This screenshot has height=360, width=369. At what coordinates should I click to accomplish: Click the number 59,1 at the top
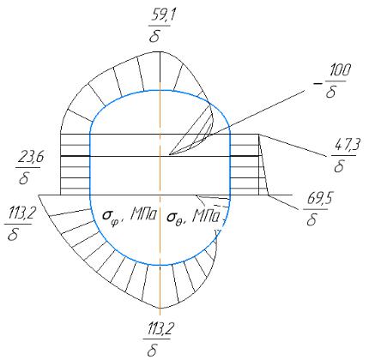click(164, 15)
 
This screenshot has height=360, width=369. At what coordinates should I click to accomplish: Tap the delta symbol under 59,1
click(154, 36)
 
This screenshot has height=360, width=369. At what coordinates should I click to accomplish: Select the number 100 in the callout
click(340, 70)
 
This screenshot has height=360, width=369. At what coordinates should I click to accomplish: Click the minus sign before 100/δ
click(317, 84)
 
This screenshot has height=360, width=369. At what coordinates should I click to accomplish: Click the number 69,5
click(320, 200)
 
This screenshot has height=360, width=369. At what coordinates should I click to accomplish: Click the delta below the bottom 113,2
click(153, 350)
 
